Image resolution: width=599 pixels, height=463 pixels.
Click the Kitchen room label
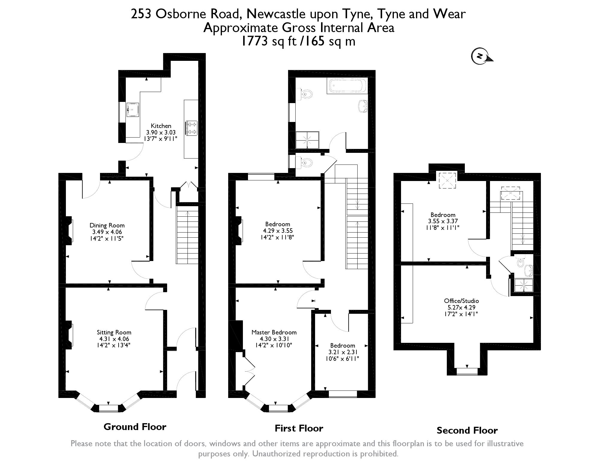click(x=161, y=126)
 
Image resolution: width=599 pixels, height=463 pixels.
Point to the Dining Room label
click(x=107, y=225)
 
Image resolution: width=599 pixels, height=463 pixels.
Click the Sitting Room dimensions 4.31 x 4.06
click(x=114, y=339)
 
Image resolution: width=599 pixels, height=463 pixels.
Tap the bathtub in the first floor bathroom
click(x=347, y=86)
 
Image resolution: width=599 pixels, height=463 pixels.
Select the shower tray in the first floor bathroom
click(x=307, y=140)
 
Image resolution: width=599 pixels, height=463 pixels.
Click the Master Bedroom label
click(x=274, y=332)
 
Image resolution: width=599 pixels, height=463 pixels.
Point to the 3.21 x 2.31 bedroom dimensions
click(x=343, y=352)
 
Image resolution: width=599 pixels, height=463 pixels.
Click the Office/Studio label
click(x=461, y=301)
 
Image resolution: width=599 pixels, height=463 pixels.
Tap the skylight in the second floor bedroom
click(x=447, y=180)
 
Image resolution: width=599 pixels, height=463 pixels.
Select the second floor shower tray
click(x=524, y=285)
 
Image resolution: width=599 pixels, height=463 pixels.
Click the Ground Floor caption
click(x=135, y=426)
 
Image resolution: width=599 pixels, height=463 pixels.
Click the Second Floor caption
click(x=467, y=430)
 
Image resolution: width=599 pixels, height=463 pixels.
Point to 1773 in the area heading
click(x=254, y=41)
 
